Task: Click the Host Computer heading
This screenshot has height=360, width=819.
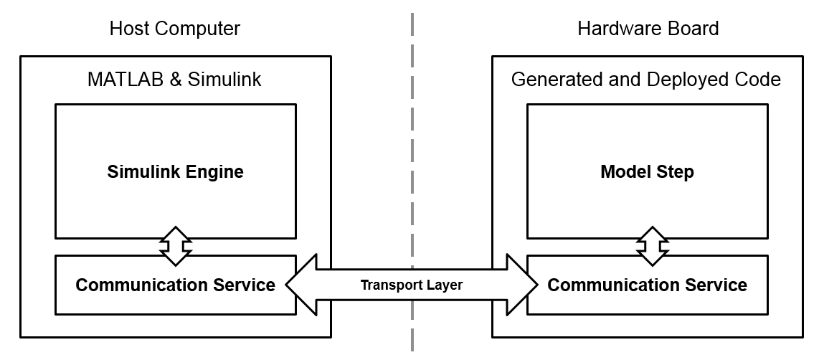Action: [174, 29]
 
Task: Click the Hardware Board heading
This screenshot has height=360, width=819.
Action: [648, 29]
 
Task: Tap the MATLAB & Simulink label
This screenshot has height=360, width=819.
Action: [174, 79]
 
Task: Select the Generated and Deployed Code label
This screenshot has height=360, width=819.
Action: [645, 79]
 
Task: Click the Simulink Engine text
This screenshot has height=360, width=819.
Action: [175, 172]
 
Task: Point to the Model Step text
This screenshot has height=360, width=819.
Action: [647, 172]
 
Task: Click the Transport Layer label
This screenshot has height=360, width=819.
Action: [411, 285]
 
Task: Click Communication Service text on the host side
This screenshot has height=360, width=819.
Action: [175, 285]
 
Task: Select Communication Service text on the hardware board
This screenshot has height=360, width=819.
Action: [647, 285]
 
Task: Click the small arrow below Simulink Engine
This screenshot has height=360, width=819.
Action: [176, 247]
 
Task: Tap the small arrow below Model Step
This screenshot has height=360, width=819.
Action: [653, 247]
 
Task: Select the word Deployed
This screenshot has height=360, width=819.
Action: [678, 79]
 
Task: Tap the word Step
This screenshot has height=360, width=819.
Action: [675, 173]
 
